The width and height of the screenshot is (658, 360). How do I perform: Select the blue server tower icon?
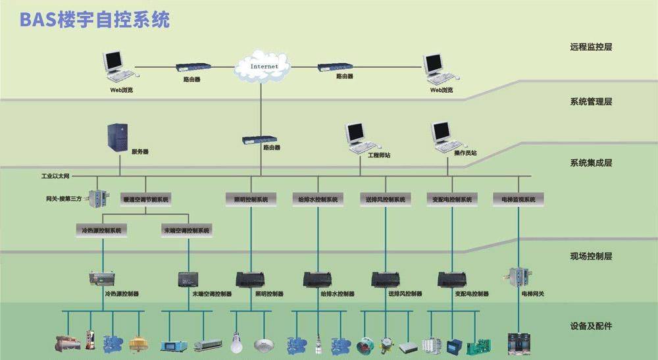118,139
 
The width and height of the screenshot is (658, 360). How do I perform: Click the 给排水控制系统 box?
318,199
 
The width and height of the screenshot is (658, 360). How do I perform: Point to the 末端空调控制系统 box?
187,230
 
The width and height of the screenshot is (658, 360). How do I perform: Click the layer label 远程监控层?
591,47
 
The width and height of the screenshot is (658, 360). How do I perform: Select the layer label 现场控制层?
591,256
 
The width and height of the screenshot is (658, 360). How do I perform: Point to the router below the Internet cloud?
261,140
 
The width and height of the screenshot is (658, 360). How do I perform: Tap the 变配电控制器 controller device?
451,279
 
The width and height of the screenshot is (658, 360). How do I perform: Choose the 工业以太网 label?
55,177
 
